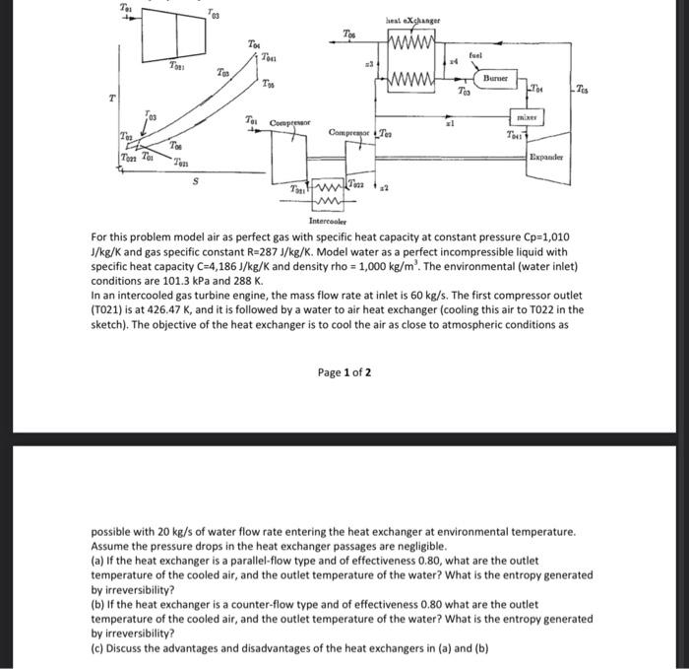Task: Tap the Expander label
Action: (x=545, y=157)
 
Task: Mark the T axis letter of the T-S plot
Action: (x=113, y=100)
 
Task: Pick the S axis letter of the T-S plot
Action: (x=195, y=181)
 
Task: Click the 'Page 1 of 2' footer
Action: (x=344, y=371)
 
